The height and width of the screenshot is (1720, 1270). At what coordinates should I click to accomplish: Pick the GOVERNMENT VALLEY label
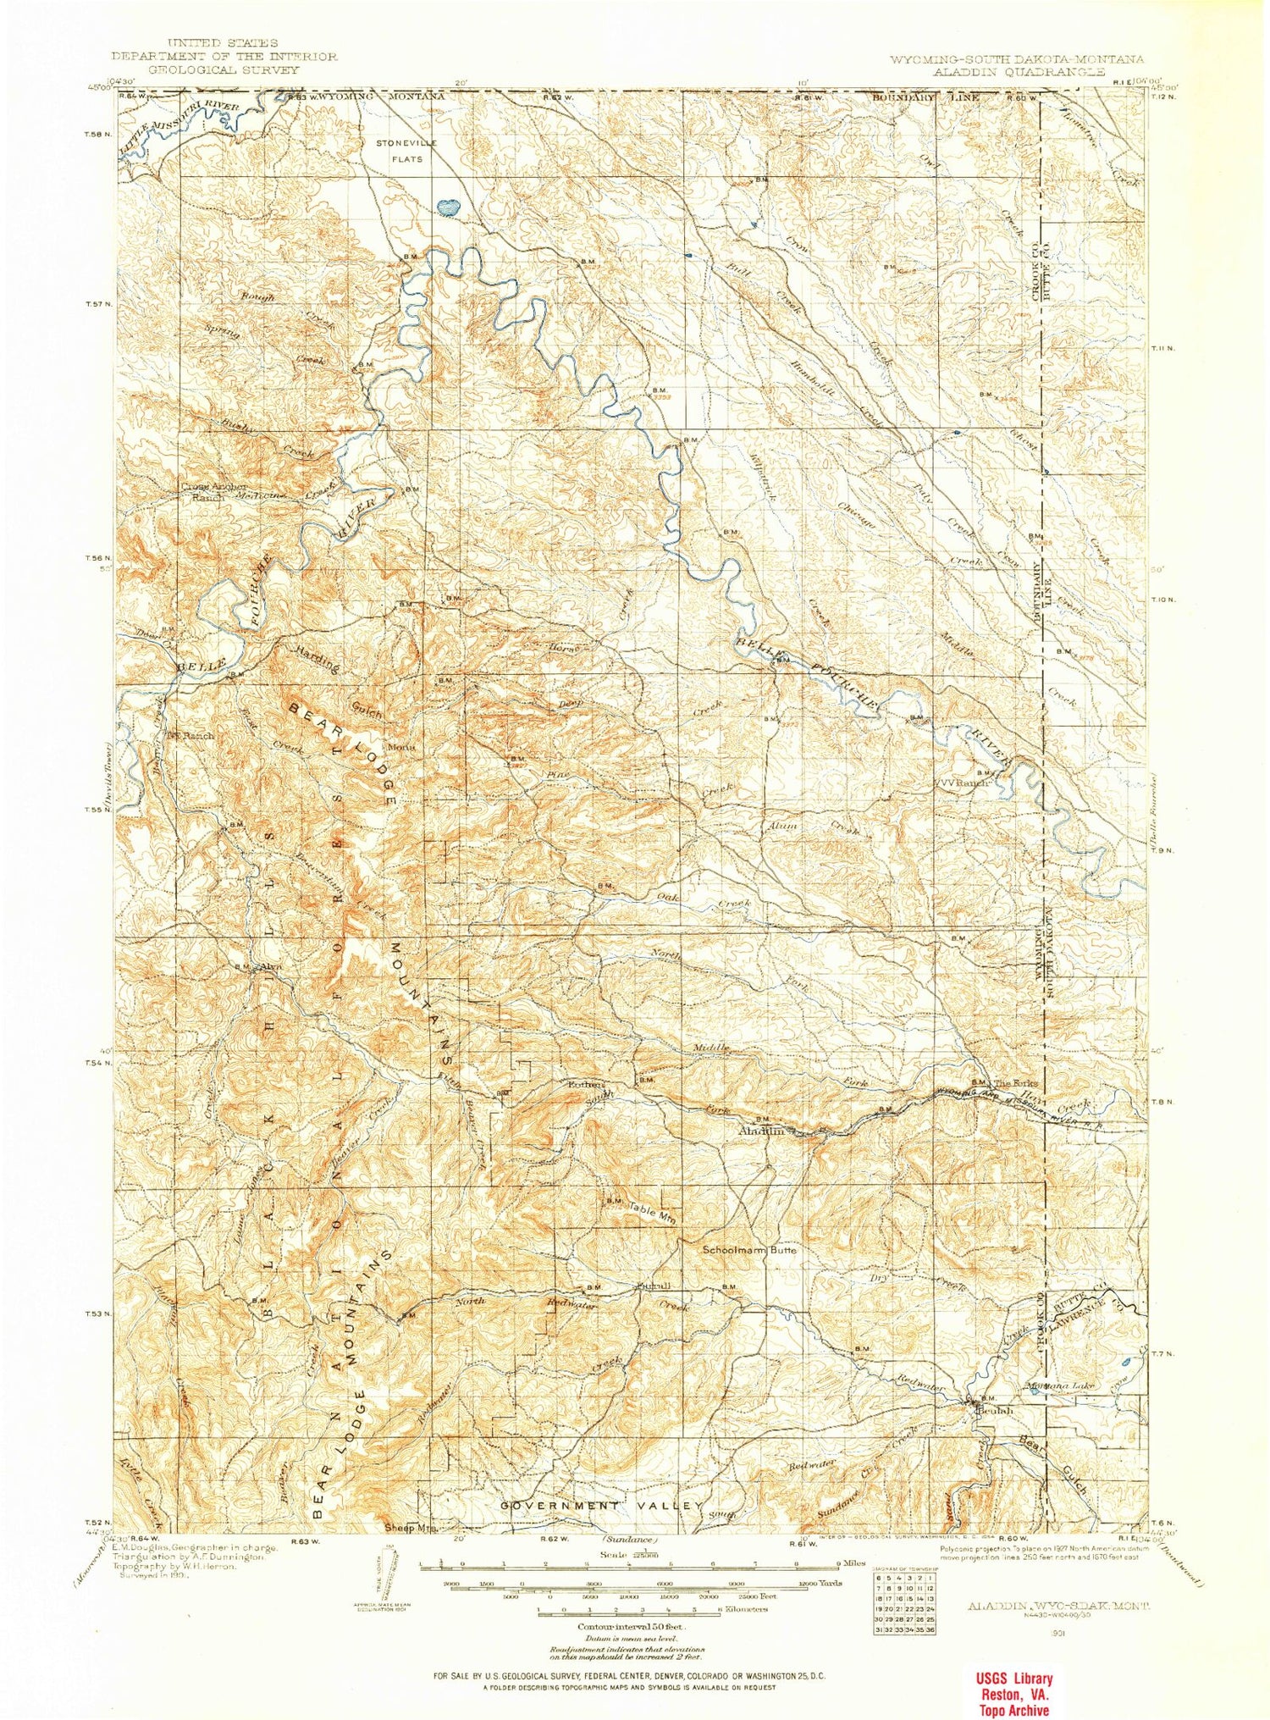pos(601,1505)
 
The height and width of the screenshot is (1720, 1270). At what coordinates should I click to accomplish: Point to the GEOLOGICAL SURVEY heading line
pos(224,69)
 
